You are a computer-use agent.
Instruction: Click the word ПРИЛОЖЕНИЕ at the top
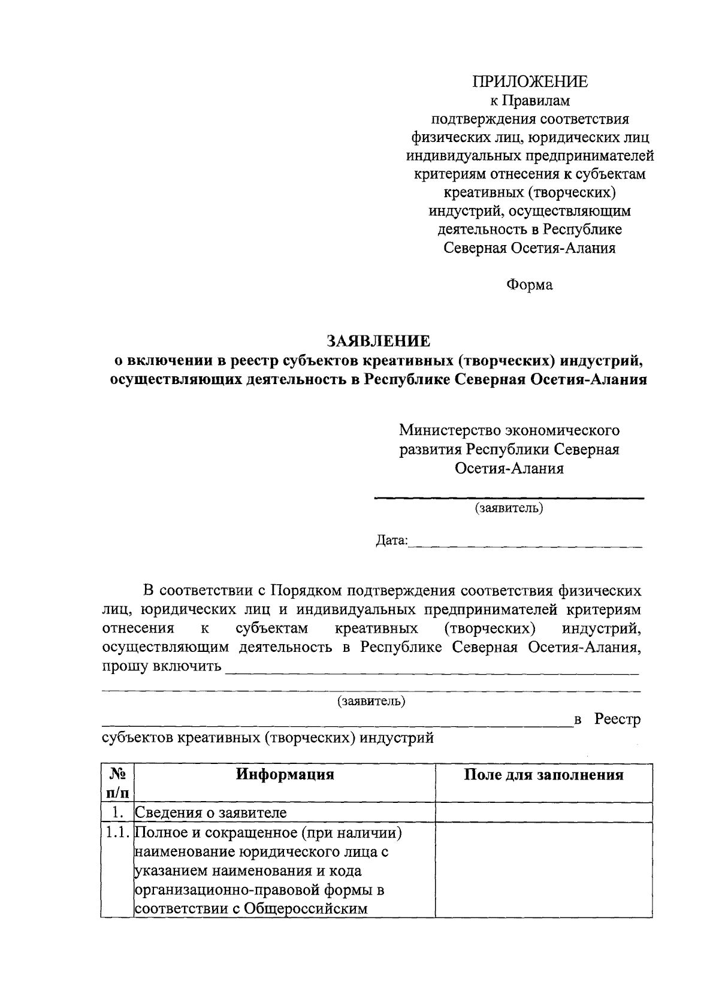[530, 81]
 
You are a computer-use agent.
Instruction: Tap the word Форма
[530, 285]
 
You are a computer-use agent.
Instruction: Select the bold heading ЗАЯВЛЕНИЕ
[378, 341]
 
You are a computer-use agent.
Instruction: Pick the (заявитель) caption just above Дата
[509, 509]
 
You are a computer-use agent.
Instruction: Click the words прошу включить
[162, 666]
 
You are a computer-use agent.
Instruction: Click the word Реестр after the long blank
[617, 719]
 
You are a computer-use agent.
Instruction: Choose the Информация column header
[285, 775]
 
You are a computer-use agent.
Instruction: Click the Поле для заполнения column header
[543, 775]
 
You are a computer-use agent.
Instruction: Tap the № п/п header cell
[117, 783]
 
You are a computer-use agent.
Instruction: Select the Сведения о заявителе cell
[211, 812]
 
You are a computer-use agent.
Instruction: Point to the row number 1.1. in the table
[117, 832]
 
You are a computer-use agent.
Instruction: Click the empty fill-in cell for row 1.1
[543, 869]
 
